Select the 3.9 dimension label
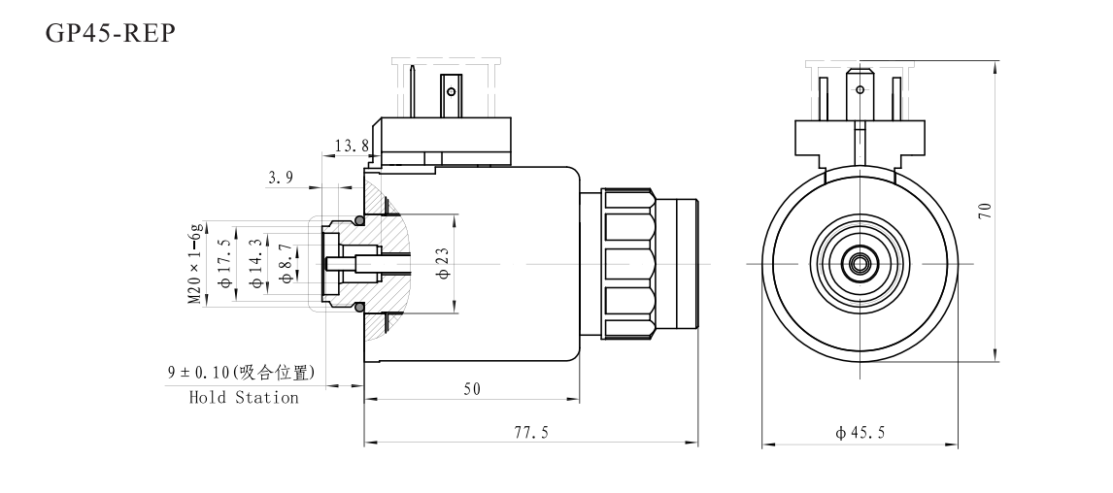[283, 178]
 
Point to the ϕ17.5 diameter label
[226, 263]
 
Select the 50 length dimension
[471, 389]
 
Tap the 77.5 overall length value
[531, 434]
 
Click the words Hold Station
[244, 398]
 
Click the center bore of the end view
[860, 263]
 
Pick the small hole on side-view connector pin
[449, 93]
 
